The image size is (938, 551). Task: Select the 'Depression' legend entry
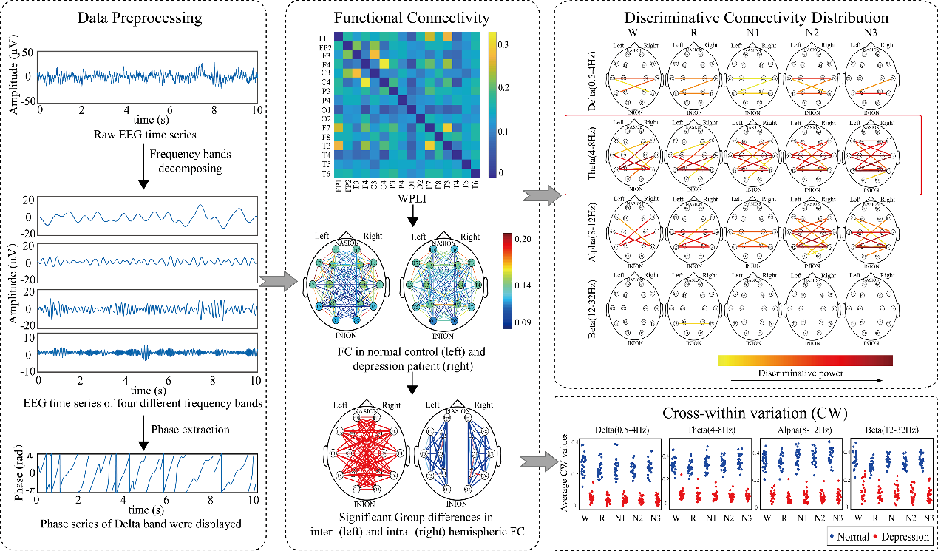pos(904,535)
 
